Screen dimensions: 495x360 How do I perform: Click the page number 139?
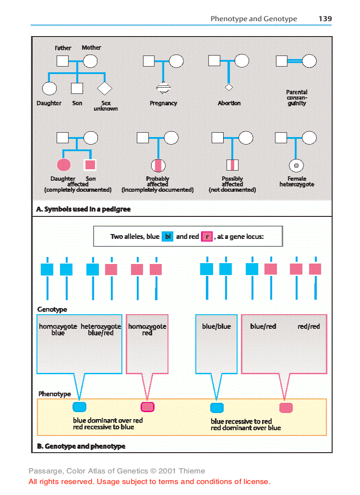(325, 19)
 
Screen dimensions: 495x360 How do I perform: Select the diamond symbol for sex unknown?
(105, 89)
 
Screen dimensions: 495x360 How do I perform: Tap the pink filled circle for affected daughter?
(64, 165)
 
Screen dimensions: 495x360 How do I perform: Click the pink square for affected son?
(90, 165)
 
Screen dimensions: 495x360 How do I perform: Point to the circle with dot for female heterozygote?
(296, 165)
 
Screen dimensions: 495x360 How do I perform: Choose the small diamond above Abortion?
(229, 87)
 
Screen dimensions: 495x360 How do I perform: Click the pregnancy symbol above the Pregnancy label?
(163, 89)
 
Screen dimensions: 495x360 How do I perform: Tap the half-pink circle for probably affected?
(158, 165)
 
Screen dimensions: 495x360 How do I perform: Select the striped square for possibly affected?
(232, 165)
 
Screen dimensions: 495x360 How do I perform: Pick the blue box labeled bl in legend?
(168, 237)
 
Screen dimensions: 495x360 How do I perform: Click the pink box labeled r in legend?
(206, 237)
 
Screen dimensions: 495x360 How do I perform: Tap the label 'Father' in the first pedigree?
(63, 48)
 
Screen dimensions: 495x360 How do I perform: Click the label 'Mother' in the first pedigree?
(91, 47)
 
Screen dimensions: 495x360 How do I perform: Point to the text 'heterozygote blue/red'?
(101, 330)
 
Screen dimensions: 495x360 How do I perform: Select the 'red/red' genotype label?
(309, 327)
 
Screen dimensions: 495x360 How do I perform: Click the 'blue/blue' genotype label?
(216, 327)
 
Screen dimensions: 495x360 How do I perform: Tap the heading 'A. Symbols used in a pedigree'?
(83, 209)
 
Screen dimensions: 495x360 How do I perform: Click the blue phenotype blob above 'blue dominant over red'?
(79, 407)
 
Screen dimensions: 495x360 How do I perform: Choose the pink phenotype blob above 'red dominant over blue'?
(286, 408)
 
